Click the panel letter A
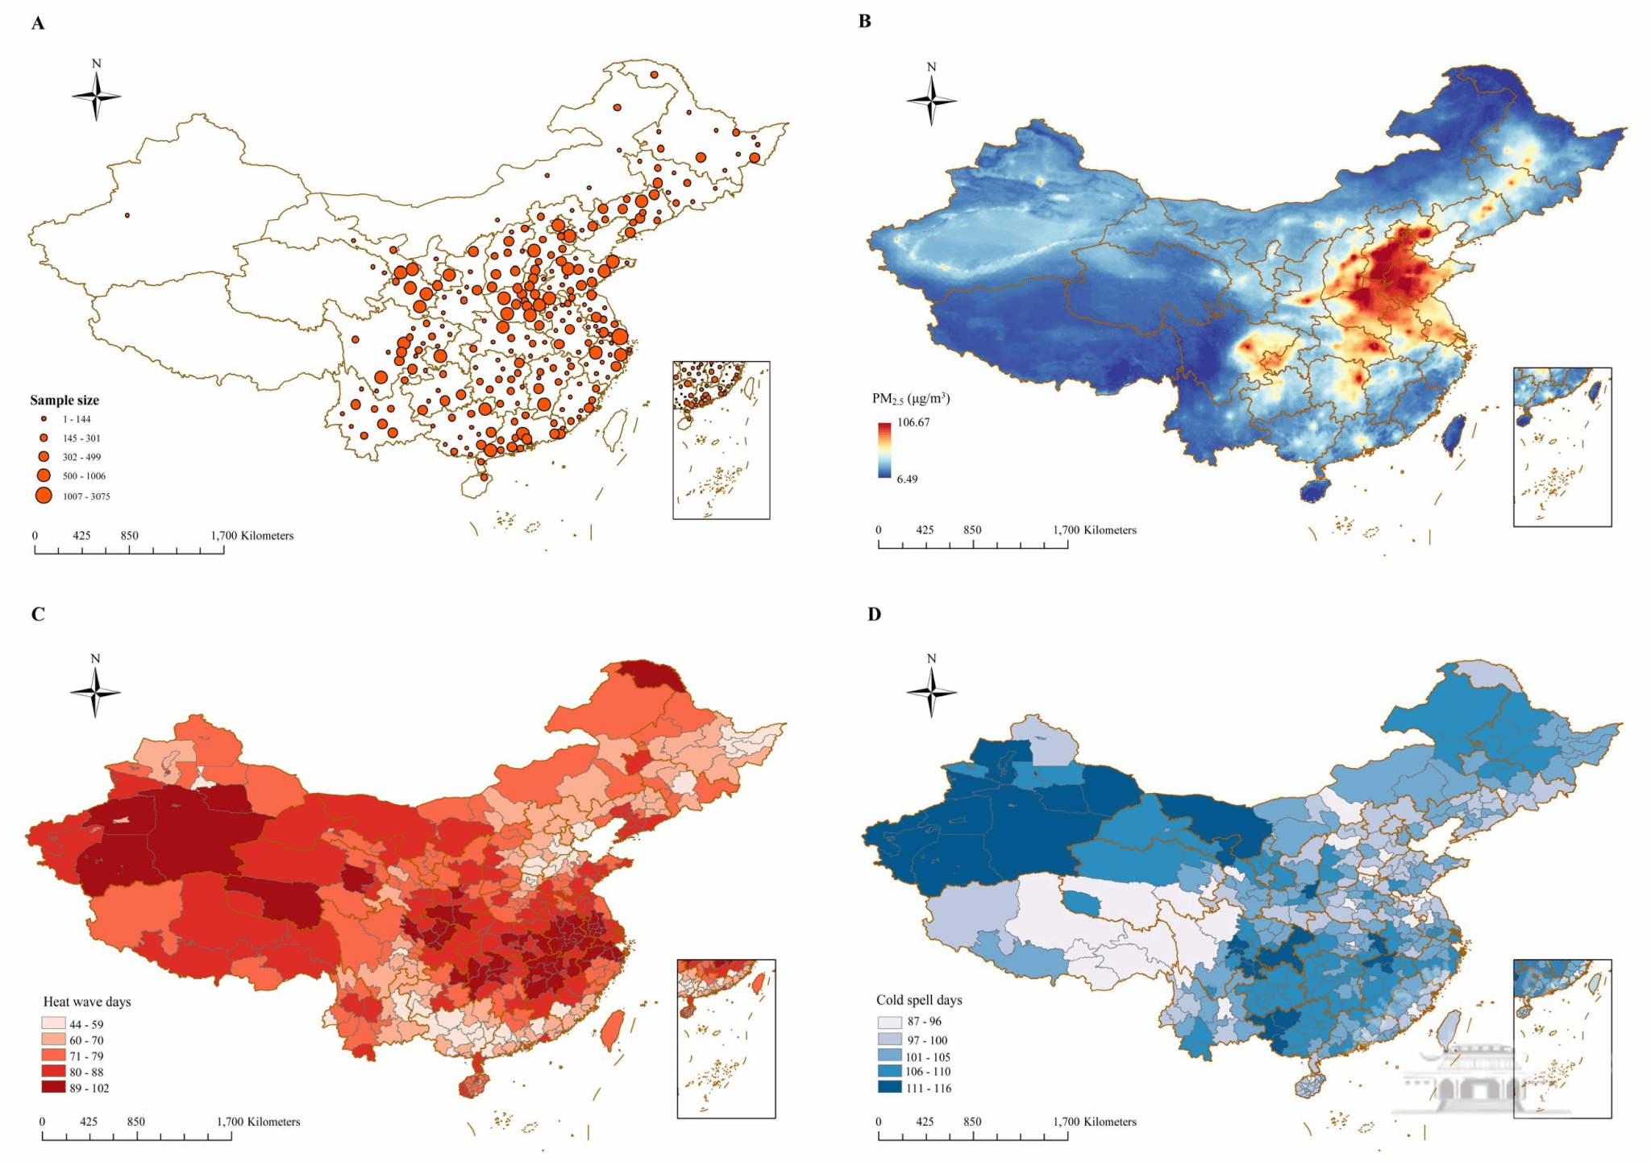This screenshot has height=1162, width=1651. pyautogui.click(x=38, y=23)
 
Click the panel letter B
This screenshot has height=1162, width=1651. pyautogui.click(x=865, y=22)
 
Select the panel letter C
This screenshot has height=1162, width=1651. pyautogui.click(x=38, y=614)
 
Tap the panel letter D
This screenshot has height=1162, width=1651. pyautogui.click(x=874, y=614)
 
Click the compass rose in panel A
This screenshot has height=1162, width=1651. pyautogui.click(x=97, y=96)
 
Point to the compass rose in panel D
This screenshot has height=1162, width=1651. pyautogui.click(x=931, y=691)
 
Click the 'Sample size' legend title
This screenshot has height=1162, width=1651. pyautogui.click(x=64, y=400)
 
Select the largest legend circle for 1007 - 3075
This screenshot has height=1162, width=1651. pyautogui.click(x=44, y=496)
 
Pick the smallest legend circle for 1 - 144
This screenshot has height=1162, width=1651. pyautogui.click(x=44, y=419)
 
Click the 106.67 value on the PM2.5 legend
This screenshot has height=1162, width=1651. pyautogui.click(x=913, y=422)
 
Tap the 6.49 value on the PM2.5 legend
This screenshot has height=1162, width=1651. pyautogui.click(x=907, y=479)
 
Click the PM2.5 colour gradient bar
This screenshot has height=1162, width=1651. pyautogui.click(x=884, y=450)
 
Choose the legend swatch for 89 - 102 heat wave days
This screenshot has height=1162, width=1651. pyautogui.click(x=54, y=1088)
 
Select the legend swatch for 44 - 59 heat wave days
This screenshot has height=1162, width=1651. pyautogui.click(x=54, y=1024)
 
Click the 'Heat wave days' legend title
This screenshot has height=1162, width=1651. pyautogui.click(x=87, y=1002)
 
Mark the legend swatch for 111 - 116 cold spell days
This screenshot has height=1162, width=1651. pyautogui.click(x=889, y=1087)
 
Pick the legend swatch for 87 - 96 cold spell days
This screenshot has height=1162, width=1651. pyautogui.click(x=889, y=1022)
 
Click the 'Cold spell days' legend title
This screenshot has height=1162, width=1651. pyautogui.click(x=919, y=1000)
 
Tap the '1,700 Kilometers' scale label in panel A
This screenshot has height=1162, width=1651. pyautogui.click(x=252, y=536)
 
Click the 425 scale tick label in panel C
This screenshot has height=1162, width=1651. pyautogui.click(x=89, y=1122)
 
